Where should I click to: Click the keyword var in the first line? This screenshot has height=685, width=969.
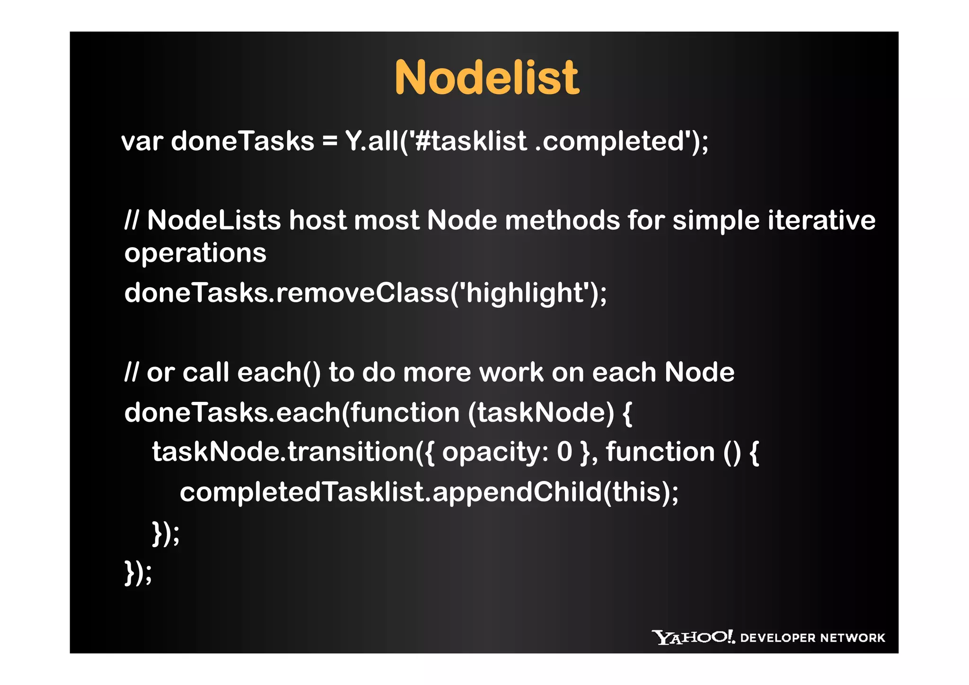pos(142,142)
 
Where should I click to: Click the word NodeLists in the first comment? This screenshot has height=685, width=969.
pos(214,221)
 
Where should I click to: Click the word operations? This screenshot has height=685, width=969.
pos(195,253)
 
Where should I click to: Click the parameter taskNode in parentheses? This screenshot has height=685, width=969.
pos(540,412)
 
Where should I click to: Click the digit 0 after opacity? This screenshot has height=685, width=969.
pos(564,452)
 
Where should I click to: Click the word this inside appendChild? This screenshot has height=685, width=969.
pos(636,492)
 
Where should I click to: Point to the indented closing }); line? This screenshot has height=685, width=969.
pos(166,534)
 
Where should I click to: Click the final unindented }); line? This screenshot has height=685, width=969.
pos(138,573)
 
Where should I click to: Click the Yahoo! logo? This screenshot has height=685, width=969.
pos(693,637)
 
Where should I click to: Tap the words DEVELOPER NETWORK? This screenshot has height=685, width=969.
pos(812,638)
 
